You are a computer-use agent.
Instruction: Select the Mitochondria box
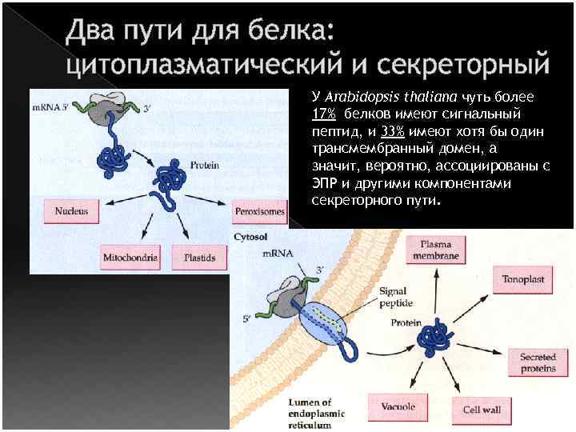coord(130,258)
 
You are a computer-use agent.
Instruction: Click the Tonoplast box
coord(522,281)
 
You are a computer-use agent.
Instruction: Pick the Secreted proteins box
coord(538,362)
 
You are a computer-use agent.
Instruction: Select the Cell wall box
coord(482,410)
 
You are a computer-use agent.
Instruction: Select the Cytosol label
coord(250,238)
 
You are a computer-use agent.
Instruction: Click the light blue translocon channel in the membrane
coord(324,328)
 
